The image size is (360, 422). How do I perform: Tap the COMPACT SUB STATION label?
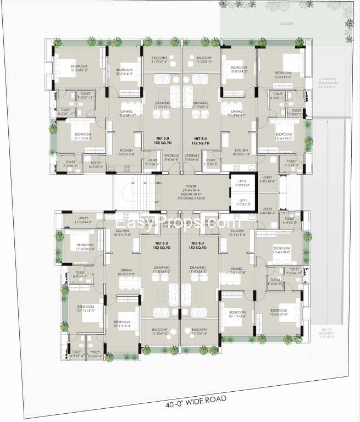click(331, 82)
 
